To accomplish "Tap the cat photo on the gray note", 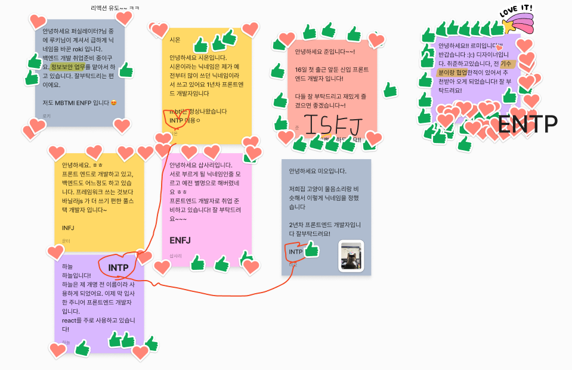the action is (351, 256).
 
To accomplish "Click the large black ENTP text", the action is (527, 124).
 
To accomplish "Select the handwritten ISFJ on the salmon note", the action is (333, 123).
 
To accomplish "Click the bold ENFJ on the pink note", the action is (180, 240).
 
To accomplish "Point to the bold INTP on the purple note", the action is (118, 268).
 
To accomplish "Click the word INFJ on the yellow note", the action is (68, 228).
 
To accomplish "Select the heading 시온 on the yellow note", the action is (175, 40).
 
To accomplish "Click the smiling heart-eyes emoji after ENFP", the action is (113, 102).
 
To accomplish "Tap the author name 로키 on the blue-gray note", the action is (46, 116).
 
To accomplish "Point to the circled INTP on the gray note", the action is (296, 252).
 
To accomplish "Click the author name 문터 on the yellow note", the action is (66, 241).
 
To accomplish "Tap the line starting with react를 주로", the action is (101, 320).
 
